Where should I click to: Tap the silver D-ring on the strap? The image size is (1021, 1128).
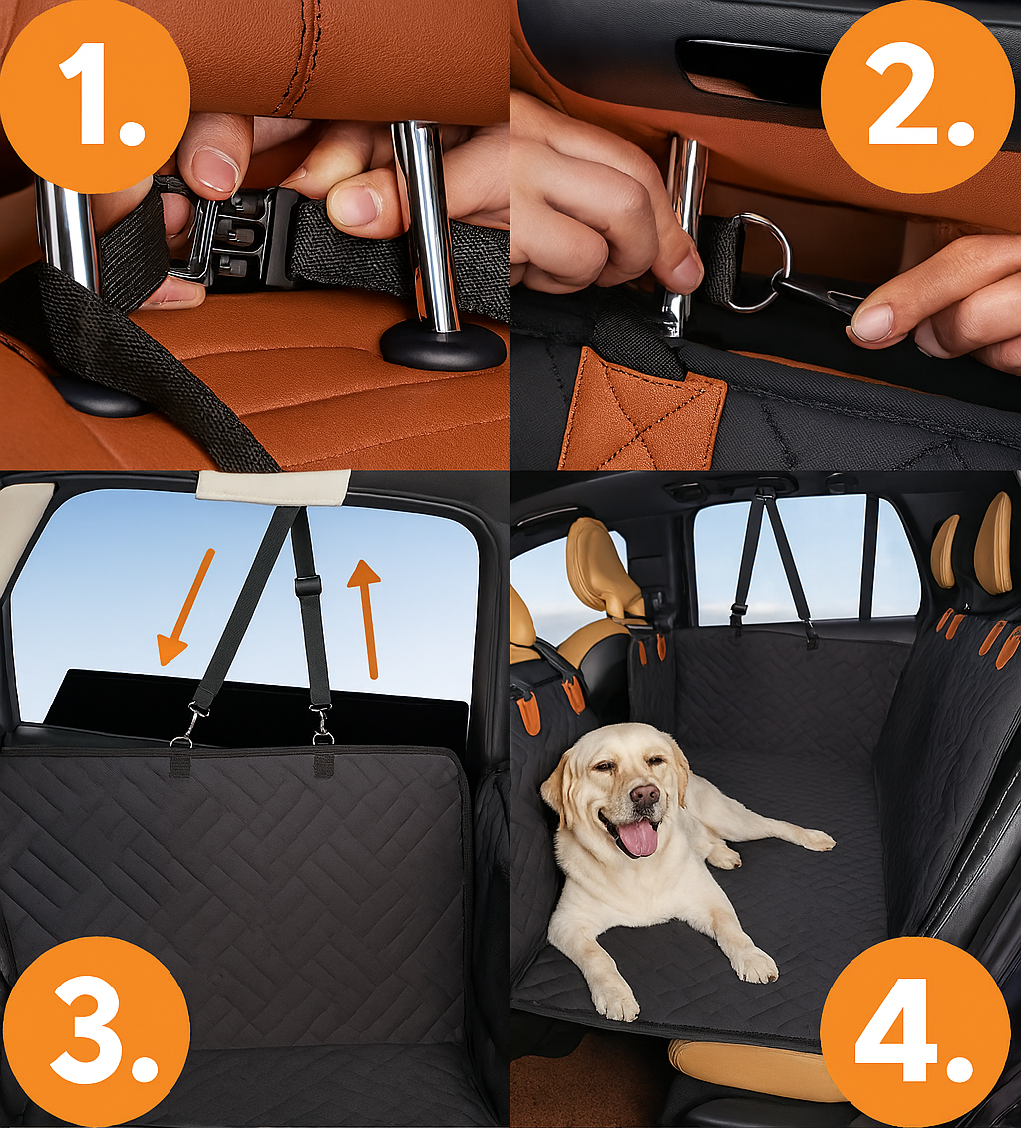point(763,262)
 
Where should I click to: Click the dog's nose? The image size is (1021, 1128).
point(644,795)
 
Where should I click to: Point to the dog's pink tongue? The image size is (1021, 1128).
point(637,838)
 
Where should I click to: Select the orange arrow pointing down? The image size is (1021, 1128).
point(185,607)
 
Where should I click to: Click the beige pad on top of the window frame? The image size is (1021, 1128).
point(273,487)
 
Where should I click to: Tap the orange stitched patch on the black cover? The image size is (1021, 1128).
point(642,411)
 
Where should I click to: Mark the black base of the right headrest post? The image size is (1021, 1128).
point(443,346)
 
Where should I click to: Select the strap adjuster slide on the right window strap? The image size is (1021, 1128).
point(307,586)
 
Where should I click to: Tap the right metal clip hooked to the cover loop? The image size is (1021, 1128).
point(321,723)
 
